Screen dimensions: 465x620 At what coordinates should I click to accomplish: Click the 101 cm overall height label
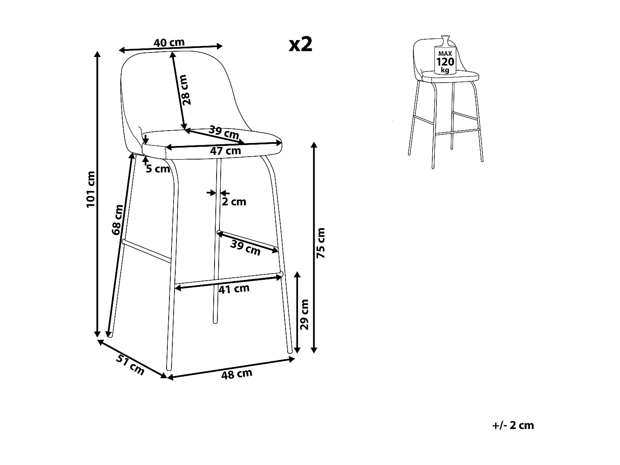click(91, 189)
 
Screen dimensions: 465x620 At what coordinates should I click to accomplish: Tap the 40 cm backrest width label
click(169, 43)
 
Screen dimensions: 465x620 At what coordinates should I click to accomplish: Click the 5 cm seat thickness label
click(158, 169)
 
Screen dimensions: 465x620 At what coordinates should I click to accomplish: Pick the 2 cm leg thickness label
click(234, 202)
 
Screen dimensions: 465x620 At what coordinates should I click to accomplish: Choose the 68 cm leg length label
click(117, 220)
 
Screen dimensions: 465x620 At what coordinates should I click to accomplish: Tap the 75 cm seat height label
click(321, 243)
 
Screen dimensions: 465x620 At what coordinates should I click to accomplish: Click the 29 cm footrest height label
click(305, 314)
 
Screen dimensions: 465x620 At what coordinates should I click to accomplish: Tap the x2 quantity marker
click(300, 44)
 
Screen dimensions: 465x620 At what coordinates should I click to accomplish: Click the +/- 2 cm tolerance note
click(513, 425)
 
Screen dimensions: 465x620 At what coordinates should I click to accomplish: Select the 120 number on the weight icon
click(445, 62)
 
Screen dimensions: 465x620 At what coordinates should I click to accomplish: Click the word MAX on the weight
click(445, 54)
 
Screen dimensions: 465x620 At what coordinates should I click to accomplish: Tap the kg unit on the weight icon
click(445, 70)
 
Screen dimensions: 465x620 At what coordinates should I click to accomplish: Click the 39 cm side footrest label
click(246, 248)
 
